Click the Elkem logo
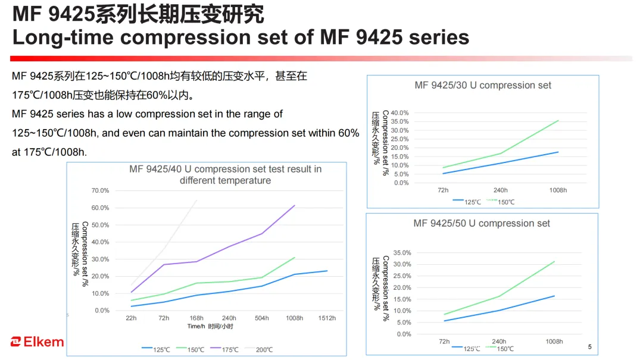coord(37,342)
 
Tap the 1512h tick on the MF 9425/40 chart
coord(327,318)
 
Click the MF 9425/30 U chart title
coord(483,85)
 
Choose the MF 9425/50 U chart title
coord(482,223)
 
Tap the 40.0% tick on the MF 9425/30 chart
coord(400,113)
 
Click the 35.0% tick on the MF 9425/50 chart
coord(402,253)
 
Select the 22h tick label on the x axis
coord(131,318)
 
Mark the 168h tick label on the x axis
coord(196,318)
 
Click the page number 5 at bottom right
coord(590,347)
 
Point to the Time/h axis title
coord(210,327)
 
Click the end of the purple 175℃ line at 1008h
coord(295,205)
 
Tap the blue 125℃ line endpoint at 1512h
coord(327,271)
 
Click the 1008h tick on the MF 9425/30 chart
coord(558,190)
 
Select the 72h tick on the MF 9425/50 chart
coord(444,342)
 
